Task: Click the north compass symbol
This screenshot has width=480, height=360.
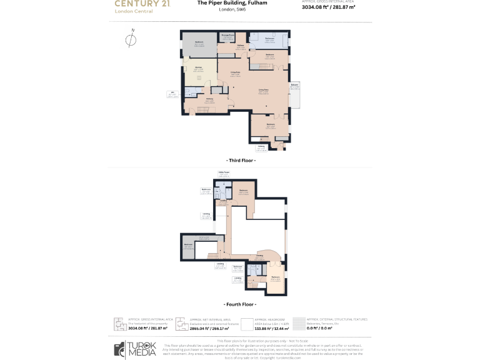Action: point(130,41)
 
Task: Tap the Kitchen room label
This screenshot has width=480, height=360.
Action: point(198,68)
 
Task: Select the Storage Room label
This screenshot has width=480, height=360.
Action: point(228,36)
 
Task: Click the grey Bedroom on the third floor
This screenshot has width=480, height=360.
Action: point(198,44)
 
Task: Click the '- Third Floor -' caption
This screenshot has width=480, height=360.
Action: point(239,161)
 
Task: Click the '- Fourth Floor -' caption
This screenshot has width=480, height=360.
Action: point(239,304)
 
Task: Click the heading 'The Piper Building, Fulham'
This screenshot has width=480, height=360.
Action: point(232,3)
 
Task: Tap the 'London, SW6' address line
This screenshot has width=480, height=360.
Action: point(232,10)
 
